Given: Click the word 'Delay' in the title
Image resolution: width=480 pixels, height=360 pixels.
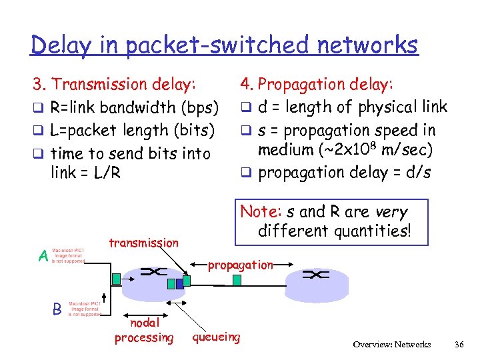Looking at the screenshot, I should (x=59, y=45).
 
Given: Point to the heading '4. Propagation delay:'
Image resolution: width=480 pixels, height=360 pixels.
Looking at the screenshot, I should (x=317, y=85).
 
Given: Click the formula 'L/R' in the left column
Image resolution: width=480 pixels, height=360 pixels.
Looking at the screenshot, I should (x=107, y=173).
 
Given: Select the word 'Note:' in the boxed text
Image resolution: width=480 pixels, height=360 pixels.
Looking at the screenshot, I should (x=261, y=212).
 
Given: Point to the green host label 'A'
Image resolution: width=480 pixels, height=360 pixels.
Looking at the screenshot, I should (x=43, y=256).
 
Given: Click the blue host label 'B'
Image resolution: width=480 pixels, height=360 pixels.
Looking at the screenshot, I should (x=58, y=309).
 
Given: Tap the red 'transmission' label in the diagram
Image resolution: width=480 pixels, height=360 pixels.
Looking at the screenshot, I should (x=143, y=243).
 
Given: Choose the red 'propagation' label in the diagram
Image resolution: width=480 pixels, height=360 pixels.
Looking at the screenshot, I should (x=240, y=265).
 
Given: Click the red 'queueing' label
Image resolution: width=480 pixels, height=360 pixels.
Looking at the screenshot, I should (x=216, y=337).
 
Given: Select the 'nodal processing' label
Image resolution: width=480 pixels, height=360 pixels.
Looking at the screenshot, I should (x=143, y=331).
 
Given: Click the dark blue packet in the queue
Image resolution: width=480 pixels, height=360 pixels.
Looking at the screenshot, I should (x=171, y=283).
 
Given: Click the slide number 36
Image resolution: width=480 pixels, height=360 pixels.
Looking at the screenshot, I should (x=459, y=345).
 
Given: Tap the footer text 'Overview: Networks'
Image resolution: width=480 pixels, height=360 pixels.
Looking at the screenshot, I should (x=392, y=345).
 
